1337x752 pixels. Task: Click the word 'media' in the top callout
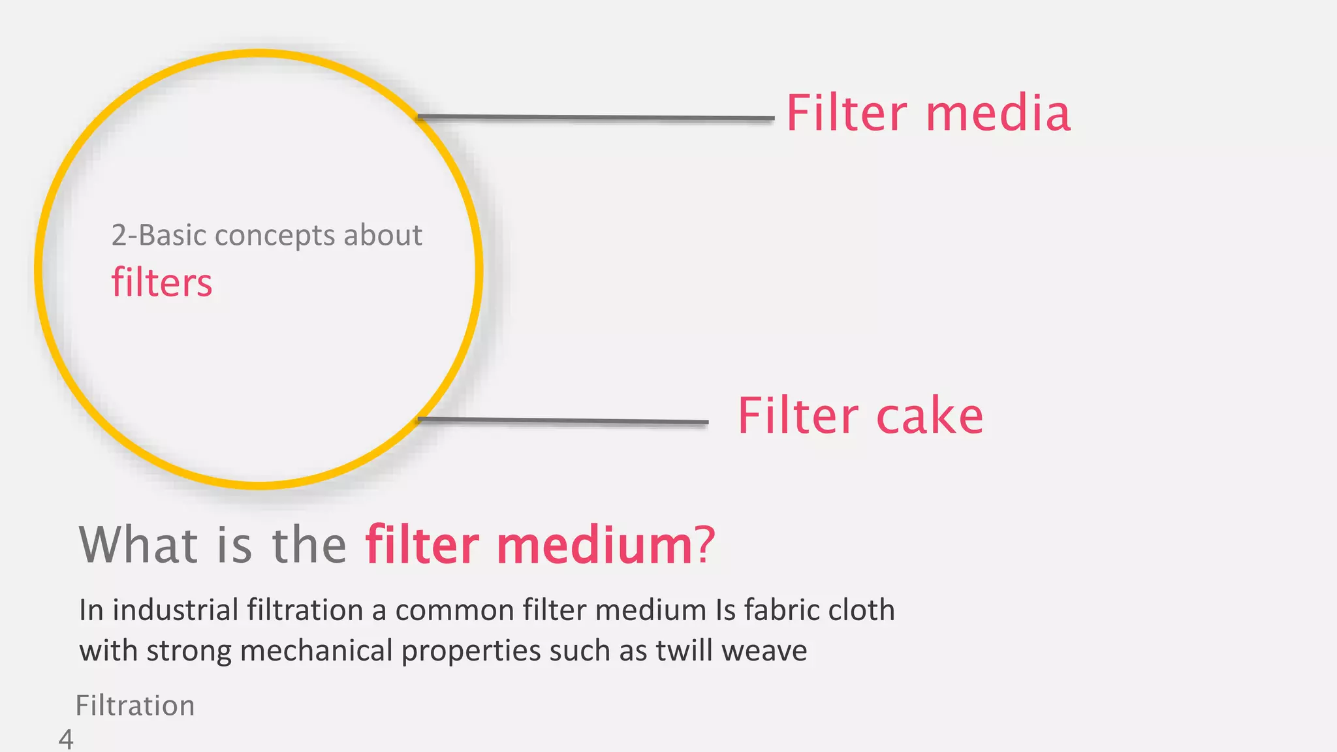998,114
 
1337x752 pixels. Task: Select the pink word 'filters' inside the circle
162,283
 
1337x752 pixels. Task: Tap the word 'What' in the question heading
138,544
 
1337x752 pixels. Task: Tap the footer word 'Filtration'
135,706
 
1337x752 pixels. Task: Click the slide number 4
66,740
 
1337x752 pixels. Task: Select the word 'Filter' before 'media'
847,114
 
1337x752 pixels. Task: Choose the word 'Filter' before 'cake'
798,416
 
